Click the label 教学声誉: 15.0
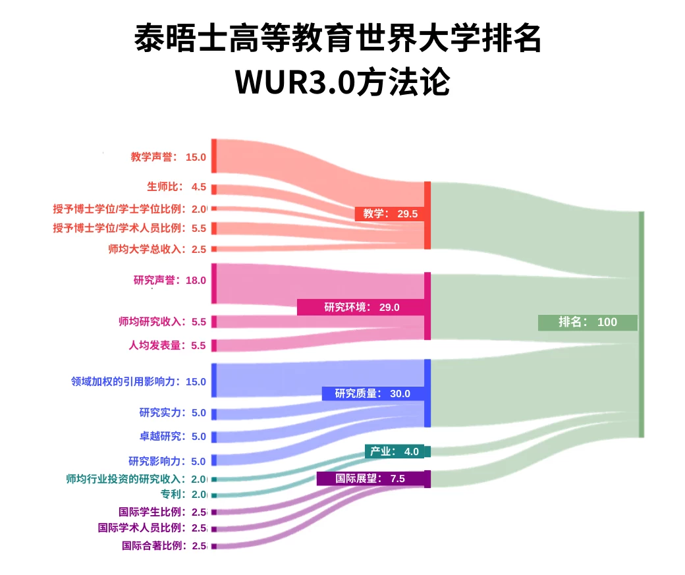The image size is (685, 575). (x=168, y=157)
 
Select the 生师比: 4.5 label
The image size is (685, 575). (x=177, y=186)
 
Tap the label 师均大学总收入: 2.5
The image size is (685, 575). (x=157, y=249)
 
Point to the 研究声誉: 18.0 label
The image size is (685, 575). (x=169, y=280)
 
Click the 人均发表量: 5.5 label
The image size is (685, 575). (x=167, y=345)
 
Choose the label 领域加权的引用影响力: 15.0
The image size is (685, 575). (x=138, y=381)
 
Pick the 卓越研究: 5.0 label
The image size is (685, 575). (x=173, y=436)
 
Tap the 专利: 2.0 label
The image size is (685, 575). (x=184, y=494)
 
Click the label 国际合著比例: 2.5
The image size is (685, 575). (x=164, y=545)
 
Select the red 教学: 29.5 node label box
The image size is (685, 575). (x=389, y=213)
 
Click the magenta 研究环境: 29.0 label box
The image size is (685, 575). (x=361, y=307)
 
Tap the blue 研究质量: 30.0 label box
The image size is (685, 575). (x=373, y=393)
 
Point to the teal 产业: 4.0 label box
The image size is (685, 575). (x=395, y=451)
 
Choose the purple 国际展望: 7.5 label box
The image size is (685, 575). (x=370, y=478)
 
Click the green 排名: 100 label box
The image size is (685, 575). (x=588, y=323)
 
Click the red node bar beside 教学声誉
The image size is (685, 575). (x=214, y=156)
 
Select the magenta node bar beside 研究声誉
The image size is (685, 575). (x=214, y=283)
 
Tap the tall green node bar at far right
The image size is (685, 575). (x=642, y=324)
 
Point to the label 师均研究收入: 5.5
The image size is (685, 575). (x=162, y=321)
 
